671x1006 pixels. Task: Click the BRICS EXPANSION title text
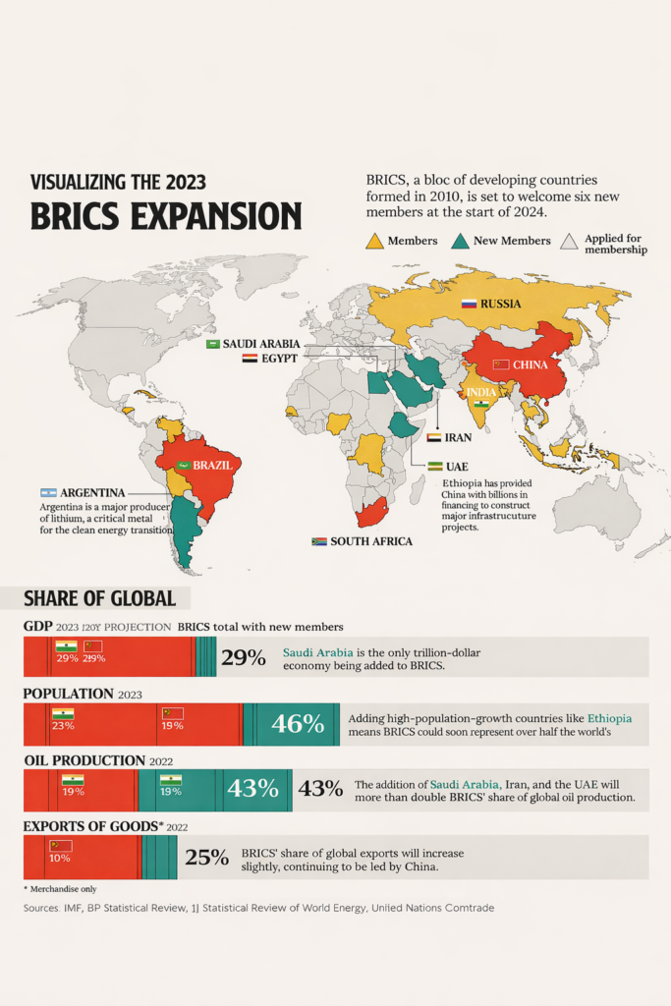click(x=166, y=215)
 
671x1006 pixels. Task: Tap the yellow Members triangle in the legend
click(x=374, y=242)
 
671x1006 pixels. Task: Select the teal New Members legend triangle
click(x=459, y=242)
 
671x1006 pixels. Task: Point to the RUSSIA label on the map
click(x=501, y=304)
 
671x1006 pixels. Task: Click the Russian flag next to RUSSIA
click(x=469, y=304)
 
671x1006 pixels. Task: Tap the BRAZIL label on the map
click(x=213, y=464)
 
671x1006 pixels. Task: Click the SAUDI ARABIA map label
click(x=260, y=344)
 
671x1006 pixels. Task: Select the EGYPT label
click(x=278, y=360)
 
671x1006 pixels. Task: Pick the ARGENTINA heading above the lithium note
click(x=91, y=492)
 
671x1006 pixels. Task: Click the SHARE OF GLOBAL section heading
click(x=99, y=598)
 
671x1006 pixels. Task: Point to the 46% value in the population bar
click(x=298, y=724)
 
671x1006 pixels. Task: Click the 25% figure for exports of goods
click(x=206, y=857)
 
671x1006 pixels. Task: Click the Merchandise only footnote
click(x=61, y=888)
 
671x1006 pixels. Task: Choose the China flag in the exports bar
click(x=61, y=845)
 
